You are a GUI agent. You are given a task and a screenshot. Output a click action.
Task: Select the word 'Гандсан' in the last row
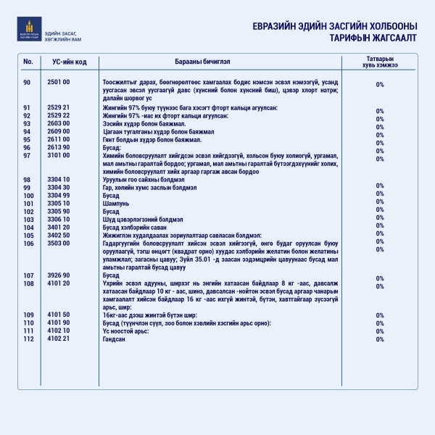click(115, 339)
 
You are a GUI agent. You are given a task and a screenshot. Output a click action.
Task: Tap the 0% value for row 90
click(379, 85)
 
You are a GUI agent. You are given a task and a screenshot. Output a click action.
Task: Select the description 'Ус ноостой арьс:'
click(126, 331)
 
